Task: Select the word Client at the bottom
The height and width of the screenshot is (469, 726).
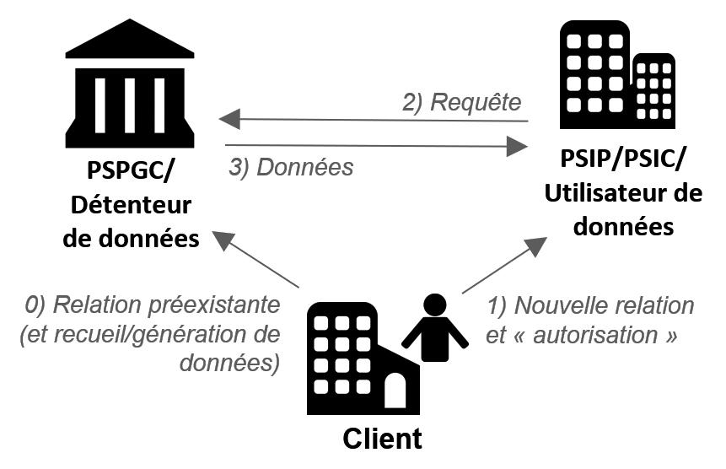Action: pyautogui.click(x=382, y=439)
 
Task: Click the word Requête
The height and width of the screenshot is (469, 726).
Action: pyautogui.click(x=476, y=102)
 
